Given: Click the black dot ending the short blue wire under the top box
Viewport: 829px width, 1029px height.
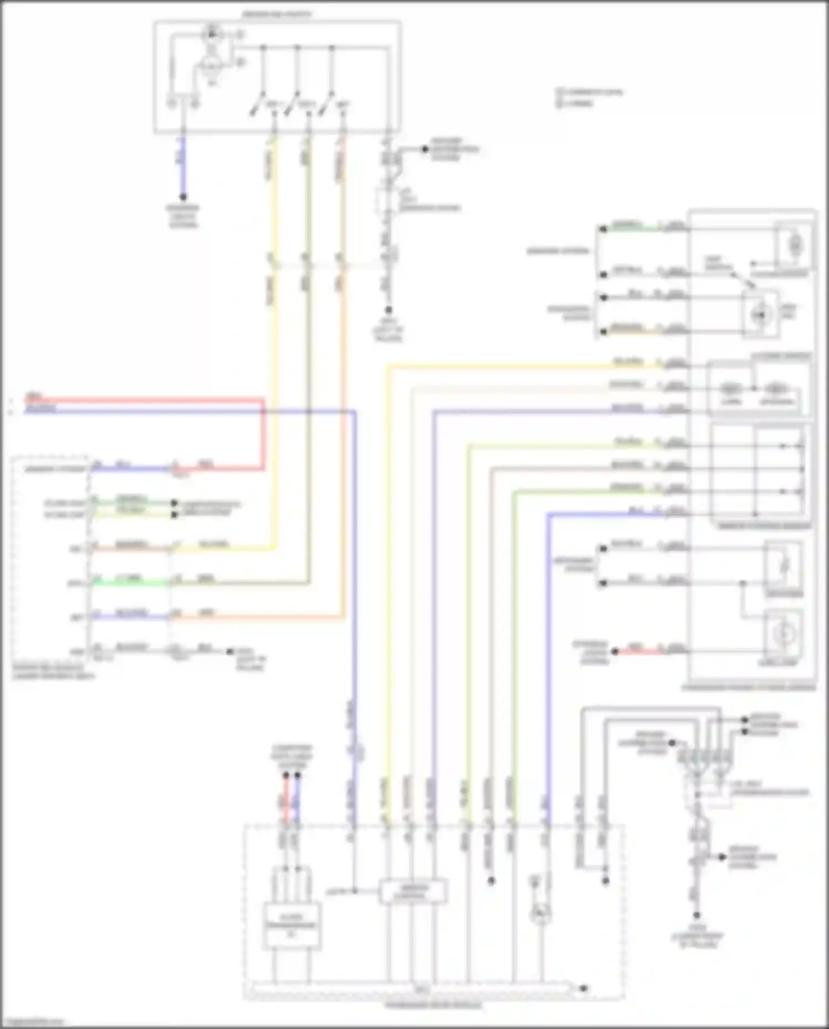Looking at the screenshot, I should [x=183, y=197].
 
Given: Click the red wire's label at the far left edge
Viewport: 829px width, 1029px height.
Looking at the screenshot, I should [x=33, y=396].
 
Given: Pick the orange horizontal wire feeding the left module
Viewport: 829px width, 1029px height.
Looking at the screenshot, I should [x=260, y=616].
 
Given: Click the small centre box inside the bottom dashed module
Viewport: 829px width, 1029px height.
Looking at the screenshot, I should [x=412, y=891].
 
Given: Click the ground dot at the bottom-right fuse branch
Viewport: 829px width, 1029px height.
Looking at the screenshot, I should [x=696, y=916].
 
